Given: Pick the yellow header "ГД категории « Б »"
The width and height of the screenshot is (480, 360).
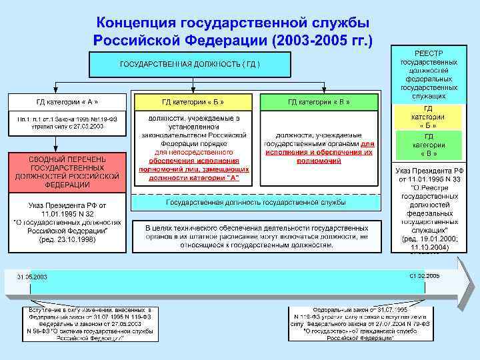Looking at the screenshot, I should [x=193, y=101].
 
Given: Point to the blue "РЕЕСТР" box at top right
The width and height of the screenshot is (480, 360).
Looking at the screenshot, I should [x=429, y=73].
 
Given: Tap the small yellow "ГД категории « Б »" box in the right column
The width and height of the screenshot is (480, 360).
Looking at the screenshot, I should [x=429, y=117].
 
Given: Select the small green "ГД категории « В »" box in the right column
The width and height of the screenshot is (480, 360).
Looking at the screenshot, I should [x=429, y=145].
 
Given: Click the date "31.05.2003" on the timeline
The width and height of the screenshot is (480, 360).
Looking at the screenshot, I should [x=32, y=276].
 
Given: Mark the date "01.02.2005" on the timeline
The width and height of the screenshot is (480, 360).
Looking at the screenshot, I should [x=424, y=275].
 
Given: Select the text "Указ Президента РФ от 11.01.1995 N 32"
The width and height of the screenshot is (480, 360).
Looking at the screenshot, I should [x=67, y=209].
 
